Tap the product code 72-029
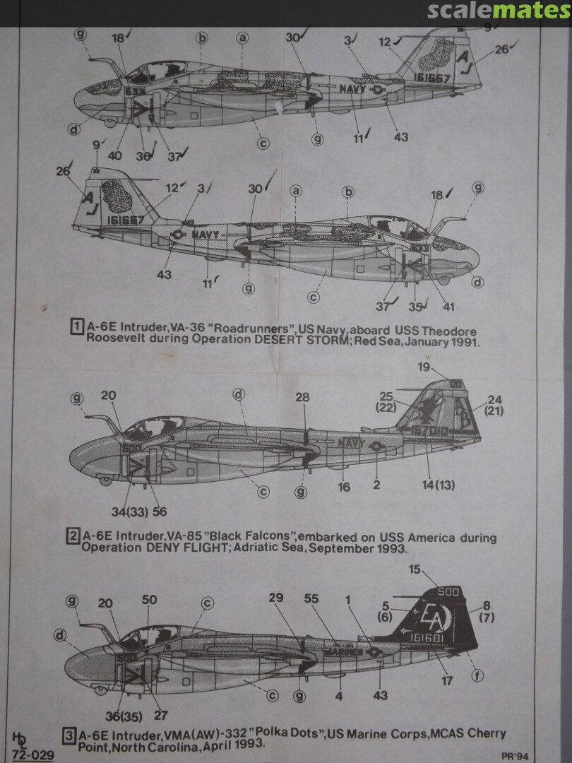(x=33, y=755)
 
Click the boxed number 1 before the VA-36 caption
(x=76, y=326)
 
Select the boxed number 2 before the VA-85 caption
(x=72, y=536)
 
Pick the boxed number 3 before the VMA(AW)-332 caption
(x=70, y=735)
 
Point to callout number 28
(x=302, y=398)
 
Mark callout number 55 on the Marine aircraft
(x=311, y=599)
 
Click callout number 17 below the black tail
(x=447, y=681)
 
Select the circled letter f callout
(x=477, y=676)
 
